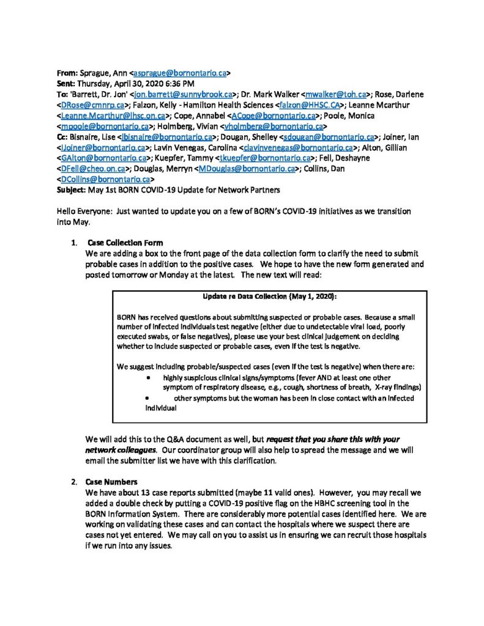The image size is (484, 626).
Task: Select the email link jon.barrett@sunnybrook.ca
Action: (183, 94)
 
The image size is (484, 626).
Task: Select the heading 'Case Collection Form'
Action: (125, 243)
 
